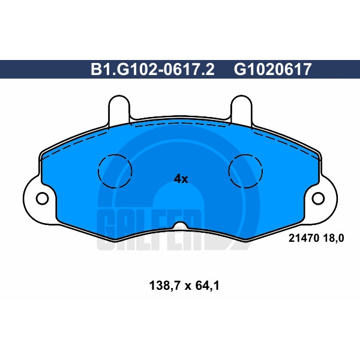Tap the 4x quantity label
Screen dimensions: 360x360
[181, 179]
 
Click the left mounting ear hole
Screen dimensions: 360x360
[41, 198]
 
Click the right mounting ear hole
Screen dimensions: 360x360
[319, 198]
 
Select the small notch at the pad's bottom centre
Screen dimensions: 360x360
[180, 226]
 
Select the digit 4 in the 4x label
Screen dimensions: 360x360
[177, 179]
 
